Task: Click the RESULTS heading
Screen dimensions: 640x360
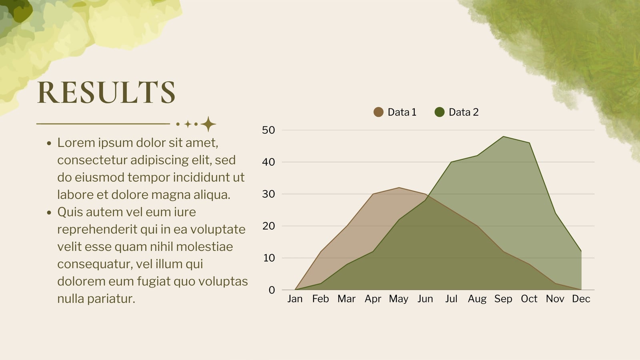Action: (106, 92)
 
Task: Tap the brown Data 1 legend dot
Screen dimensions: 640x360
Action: (378, 112)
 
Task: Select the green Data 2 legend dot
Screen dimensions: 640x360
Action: (440, 112)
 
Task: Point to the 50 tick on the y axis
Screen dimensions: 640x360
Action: (268, 130)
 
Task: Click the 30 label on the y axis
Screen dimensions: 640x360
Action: (268, 194)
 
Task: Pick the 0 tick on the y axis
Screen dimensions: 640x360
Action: (272, 290)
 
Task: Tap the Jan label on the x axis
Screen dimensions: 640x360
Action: (295, 299)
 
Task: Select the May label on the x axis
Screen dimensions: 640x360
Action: (398, 299)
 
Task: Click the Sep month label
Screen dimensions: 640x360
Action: (503, 299)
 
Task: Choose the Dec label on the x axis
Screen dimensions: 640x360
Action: (581, 299)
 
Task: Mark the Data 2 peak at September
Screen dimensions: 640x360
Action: (503, 136)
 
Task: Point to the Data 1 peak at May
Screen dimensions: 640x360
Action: (399, 188)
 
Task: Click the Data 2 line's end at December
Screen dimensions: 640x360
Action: (581, 252)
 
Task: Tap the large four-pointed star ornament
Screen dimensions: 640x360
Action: (208, 124)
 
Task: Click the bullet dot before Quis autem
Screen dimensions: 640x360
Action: (49, 212)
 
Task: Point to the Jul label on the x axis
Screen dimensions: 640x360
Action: (451, 299)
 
